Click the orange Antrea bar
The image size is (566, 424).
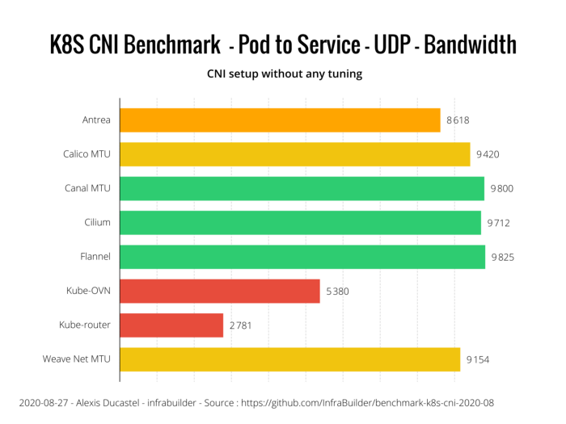point(280,120)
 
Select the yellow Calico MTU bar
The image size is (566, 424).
point(294,154)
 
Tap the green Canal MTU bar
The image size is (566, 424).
point(302,188)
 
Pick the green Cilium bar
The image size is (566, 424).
point(300,223)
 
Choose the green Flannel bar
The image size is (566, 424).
point(302,257)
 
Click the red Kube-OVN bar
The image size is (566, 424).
point(220,291)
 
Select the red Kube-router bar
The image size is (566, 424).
point(171,325)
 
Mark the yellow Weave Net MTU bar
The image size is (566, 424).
point(289,359)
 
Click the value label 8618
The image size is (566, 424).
point(457,120)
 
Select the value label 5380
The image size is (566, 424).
point(337,291)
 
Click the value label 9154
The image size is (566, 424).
point(477,359)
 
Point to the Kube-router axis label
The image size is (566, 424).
point(85,325)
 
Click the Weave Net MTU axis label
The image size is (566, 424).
point(76,359)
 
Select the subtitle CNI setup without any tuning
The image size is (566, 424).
point(282,74)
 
